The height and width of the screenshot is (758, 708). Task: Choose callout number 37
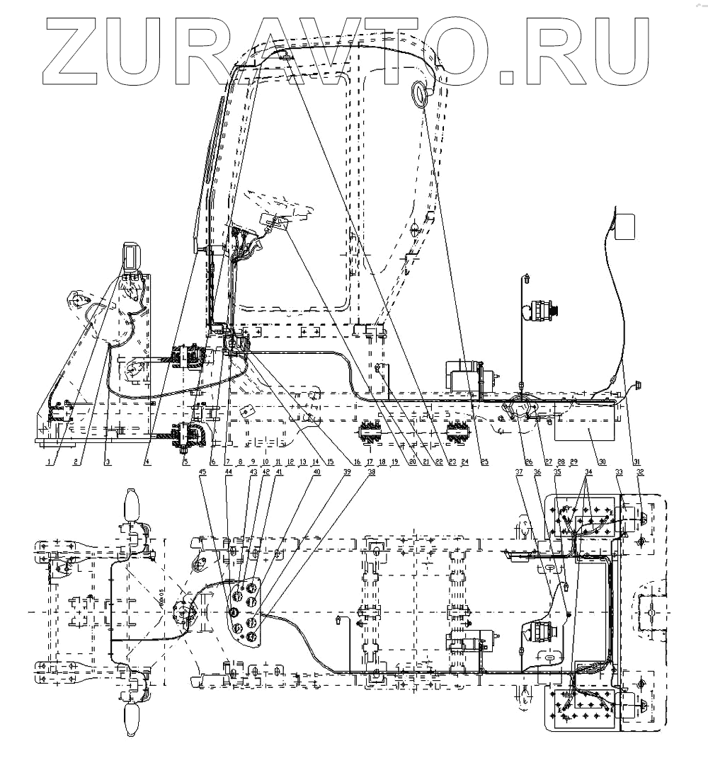(519, 473)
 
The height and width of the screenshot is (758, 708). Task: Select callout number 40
(316, 473)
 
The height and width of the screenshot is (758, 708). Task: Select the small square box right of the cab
(625, 226)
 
